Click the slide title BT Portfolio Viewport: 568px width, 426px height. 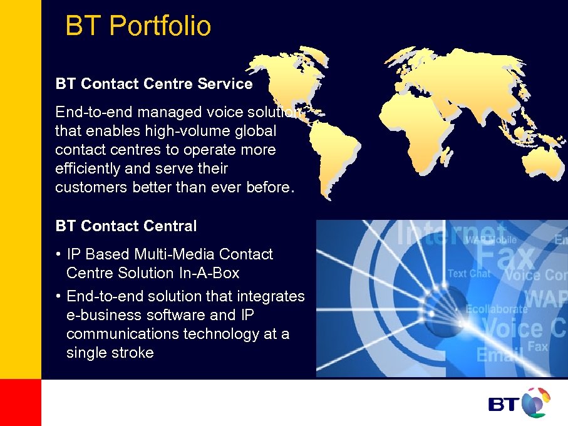click(x=138, y=26)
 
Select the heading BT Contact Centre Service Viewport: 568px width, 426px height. click(x=154, y=84)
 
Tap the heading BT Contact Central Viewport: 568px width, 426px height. click(x=126, y=226)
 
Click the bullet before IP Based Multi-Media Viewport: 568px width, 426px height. click(x=58, y=255)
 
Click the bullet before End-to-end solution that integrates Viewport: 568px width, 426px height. click(x=58, y=296)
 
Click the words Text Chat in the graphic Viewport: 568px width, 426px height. click(x=468, y=274)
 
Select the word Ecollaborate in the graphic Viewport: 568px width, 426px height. click(x=497, y=309)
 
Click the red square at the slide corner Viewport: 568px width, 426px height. click(x=20, y=402)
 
